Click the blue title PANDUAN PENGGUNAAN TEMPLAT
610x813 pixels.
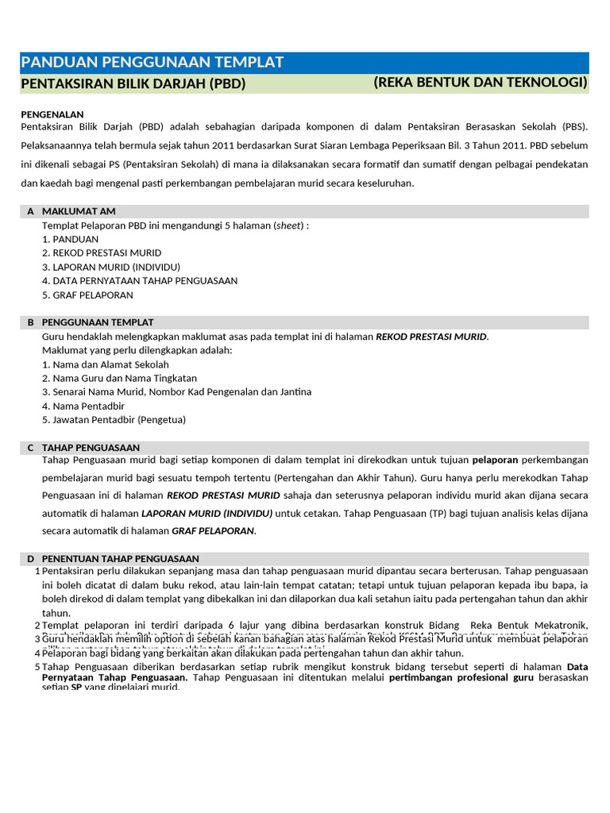(152, 63)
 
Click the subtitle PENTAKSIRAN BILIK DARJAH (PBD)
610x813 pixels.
(133, 83)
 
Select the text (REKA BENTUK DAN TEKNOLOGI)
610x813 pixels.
(480, 83)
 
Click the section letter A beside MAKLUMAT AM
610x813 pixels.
(30, 211)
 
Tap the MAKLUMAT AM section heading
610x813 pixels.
(79, 211)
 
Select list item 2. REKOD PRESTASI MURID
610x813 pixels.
(102, 252)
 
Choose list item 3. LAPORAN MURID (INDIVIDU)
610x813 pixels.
(111, 267)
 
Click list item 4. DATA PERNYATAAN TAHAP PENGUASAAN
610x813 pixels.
(140, 280)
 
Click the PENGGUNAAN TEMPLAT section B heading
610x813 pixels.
(98, 322)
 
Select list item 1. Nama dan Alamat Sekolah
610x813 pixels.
(106, 364)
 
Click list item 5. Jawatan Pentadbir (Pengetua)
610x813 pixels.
(114, 419)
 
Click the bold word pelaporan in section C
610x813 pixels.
(495, 460)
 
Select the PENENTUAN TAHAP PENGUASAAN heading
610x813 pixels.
(120, 559)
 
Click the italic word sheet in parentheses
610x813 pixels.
(289, 225)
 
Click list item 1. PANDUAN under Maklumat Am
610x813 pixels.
(71, 239)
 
